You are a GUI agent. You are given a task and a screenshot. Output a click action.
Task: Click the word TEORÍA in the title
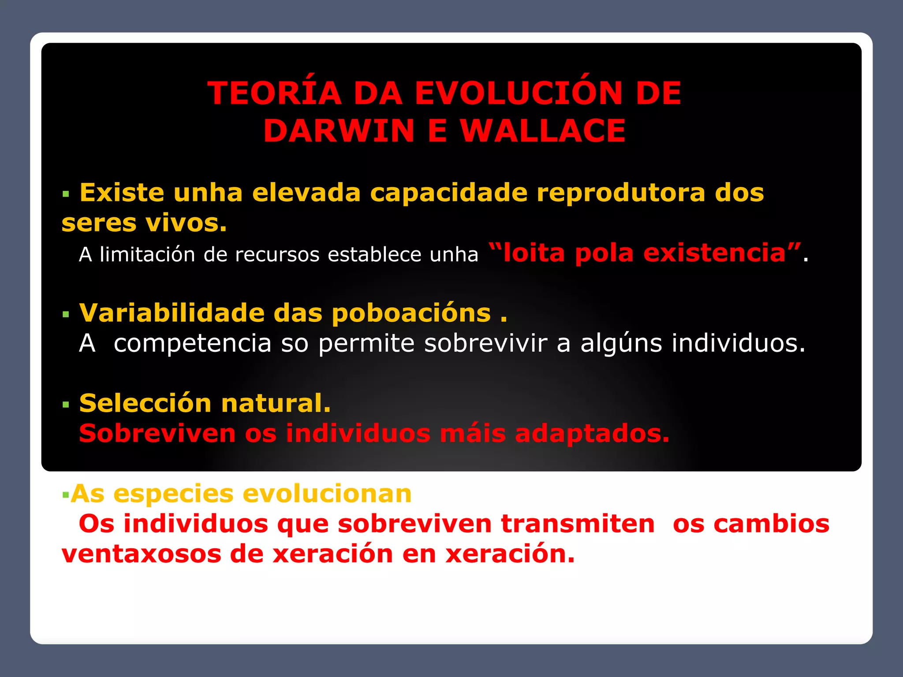(274, 93)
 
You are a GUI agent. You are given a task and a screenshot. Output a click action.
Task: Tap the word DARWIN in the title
(339, 131)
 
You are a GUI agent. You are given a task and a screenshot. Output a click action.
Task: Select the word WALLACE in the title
(543, 131)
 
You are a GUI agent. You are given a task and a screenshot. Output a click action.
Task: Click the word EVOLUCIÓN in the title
(519, 93)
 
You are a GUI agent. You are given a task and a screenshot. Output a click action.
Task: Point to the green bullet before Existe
(66, 194)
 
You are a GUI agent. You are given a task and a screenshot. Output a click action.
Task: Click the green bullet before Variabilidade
(66, 315)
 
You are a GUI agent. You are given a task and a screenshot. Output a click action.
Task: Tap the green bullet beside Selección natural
(66, 405)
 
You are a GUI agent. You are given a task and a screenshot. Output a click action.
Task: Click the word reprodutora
(621, 193)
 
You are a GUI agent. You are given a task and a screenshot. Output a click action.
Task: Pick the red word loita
(534, 253)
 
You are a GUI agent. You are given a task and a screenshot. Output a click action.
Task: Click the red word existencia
(714, 253)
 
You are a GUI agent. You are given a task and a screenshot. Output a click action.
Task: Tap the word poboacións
(411, 313)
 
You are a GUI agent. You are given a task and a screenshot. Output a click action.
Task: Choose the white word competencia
(192, 343)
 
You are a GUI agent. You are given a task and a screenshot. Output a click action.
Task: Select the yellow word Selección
(146, 403)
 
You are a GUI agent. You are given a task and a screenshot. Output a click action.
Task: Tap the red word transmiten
(578, 524)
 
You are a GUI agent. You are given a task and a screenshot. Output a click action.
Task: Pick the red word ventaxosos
(141, 554)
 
